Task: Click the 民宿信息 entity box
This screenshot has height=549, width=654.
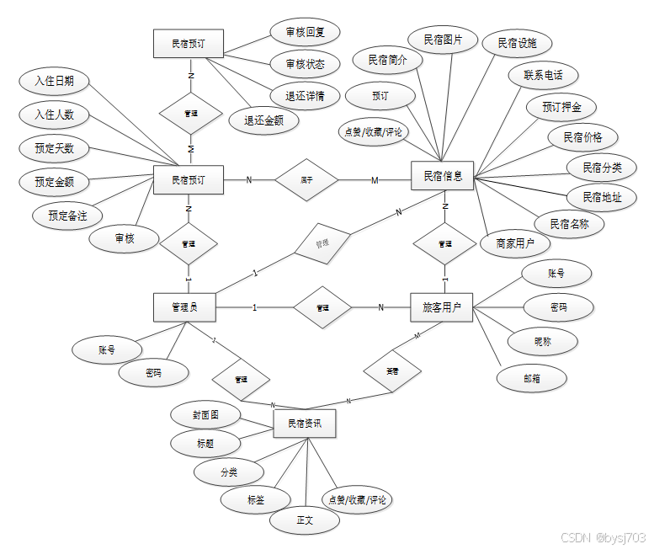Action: click(443, 177)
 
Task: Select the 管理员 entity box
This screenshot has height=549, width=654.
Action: click(184, 307)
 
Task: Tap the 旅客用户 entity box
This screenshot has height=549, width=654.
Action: click(442, 307)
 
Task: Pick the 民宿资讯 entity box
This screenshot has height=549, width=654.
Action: click(305, 424)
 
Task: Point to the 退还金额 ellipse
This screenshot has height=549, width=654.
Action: click(263, 120)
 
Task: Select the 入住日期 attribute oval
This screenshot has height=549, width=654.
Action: click(54, 82)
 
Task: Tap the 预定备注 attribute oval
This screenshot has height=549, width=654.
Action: click(67, 215)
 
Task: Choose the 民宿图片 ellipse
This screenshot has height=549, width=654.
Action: click(443, 40)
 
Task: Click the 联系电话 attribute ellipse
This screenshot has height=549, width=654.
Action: click(543, 74)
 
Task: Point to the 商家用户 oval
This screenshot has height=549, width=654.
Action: click(515, 243)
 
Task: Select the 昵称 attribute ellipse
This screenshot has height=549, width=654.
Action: click(543, 341)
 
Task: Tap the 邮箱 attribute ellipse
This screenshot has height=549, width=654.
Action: click(531, 379)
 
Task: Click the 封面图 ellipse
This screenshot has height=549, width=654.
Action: click(205, 414)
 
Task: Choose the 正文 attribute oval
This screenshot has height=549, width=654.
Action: click(305, 520)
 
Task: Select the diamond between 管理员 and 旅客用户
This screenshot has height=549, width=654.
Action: click(322, 307)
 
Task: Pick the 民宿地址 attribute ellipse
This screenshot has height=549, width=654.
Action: click(594, 197)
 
